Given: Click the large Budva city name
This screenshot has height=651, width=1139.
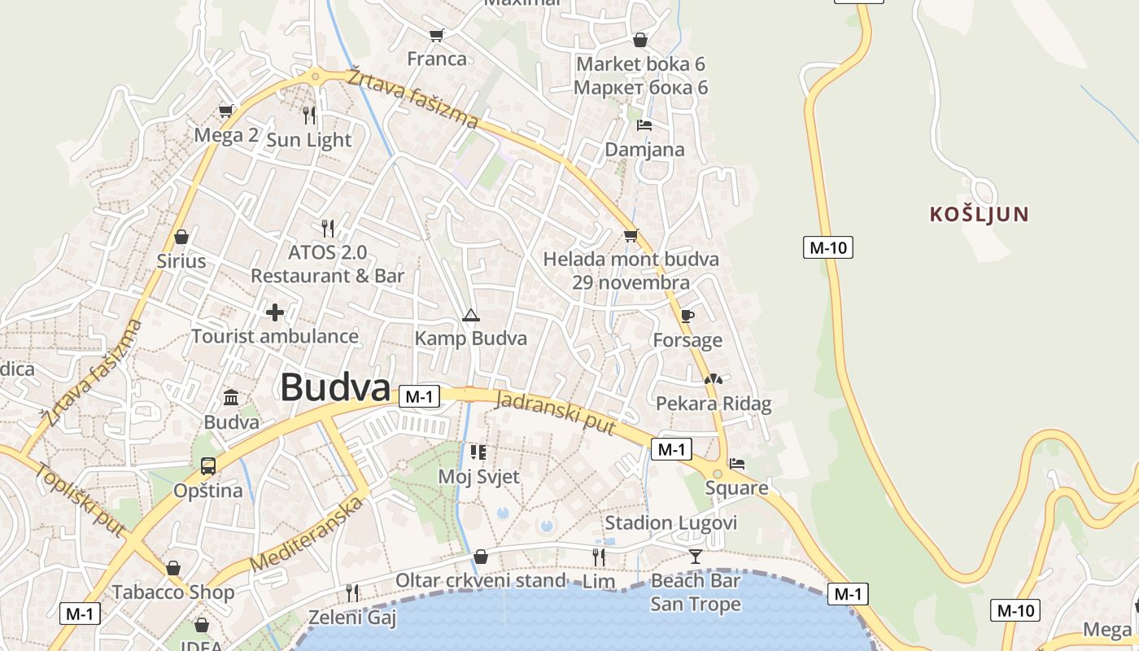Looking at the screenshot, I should [335, 388].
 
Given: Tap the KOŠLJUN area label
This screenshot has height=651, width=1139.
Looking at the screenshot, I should [980, 215].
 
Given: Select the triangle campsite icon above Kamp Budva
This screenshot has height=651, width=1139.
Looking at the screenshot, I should [470, 315].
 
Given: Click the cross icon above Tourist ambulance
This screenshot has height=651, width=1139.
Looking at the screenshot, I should [275, 312].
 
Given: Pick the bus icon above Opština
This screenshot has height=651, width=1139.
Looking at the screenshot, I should [208, 466].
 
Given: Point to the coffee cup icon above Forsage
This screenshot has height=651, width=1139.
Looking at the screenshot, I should [687, 316].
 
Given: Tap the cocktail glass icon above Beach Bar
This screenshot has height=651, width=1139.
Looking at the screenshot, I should [695, 557].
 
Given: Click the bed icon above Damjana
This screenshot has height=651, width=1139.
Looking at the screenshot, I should [644, 125].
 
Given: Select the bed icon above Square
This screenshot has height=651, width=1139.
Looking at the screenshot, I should [737, 464].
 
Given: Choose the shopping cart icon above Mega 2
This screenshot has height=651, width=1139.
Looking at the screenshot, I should [226, 111].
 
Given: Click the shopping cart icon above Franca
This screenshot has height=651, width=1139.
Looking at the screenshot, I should [437, 35].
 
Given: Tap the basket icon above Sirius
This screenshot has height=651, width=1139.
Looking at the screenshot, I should [181, 237].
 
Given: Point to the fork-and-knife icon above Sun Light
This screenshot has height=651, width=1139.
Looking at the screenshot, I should [309, 115].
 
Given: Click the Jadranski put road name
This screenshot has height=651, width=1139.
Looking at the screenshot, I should [555, 413].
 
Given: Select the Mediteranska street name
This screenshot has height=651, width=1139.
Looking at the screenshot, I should [307, 534].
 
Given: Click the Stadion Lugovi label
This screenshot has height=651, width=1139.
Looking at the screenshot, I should [670, 522].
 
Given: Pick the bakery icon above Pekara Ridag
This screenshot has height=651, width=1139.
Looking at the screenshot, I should [714, 379].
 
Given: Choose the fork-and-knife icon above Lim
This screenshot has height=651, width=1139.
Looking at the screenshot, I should [599, 557].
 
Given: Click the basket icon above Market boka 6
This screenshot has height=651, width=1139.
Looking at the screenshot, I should [640, 40].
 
